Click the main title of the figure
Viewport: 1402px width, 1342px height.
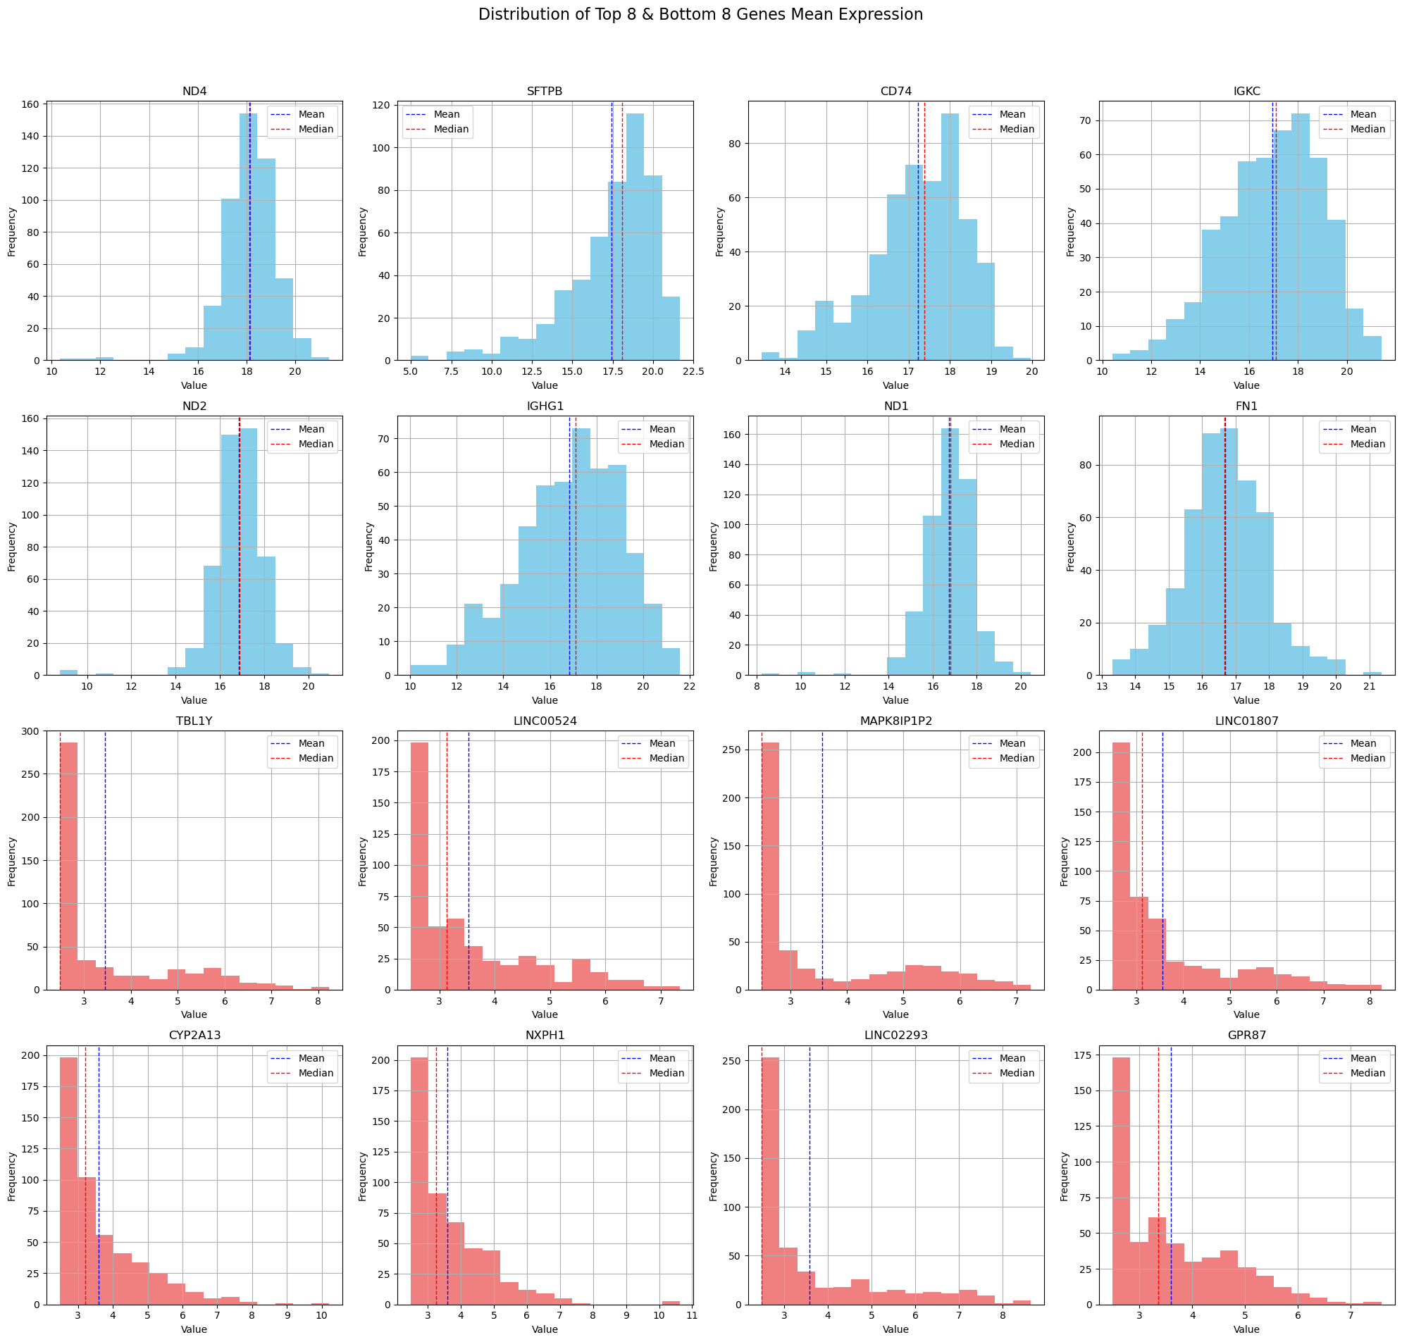tap(700, 14)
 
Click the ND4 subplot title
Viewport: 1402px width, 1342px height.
tap(194, 92)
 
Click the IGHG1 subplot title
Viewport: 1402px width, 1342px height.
tap(545, 406)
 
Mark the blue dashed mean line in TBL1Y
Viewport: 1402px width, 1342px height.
tap(105, 859)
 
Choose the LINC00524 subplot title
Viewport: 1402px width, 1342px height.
tap(545, 721)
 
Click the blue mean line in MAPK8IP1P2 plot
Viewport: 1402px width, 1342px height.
tap(823, 859)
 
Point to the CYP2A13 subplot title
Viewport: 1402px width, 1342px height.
tap(194, 1035)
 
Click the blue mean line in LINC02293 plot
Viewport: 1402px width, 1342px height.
tap(809, 1173)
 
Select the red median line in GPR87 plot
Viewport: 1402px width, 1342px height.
tap(1158, 1173)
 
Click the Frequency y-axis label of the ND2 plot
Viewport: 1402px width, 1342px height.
tap(11, 547)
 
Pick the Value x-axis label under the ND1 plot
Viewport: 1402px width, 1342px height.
tap(895, 700)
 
